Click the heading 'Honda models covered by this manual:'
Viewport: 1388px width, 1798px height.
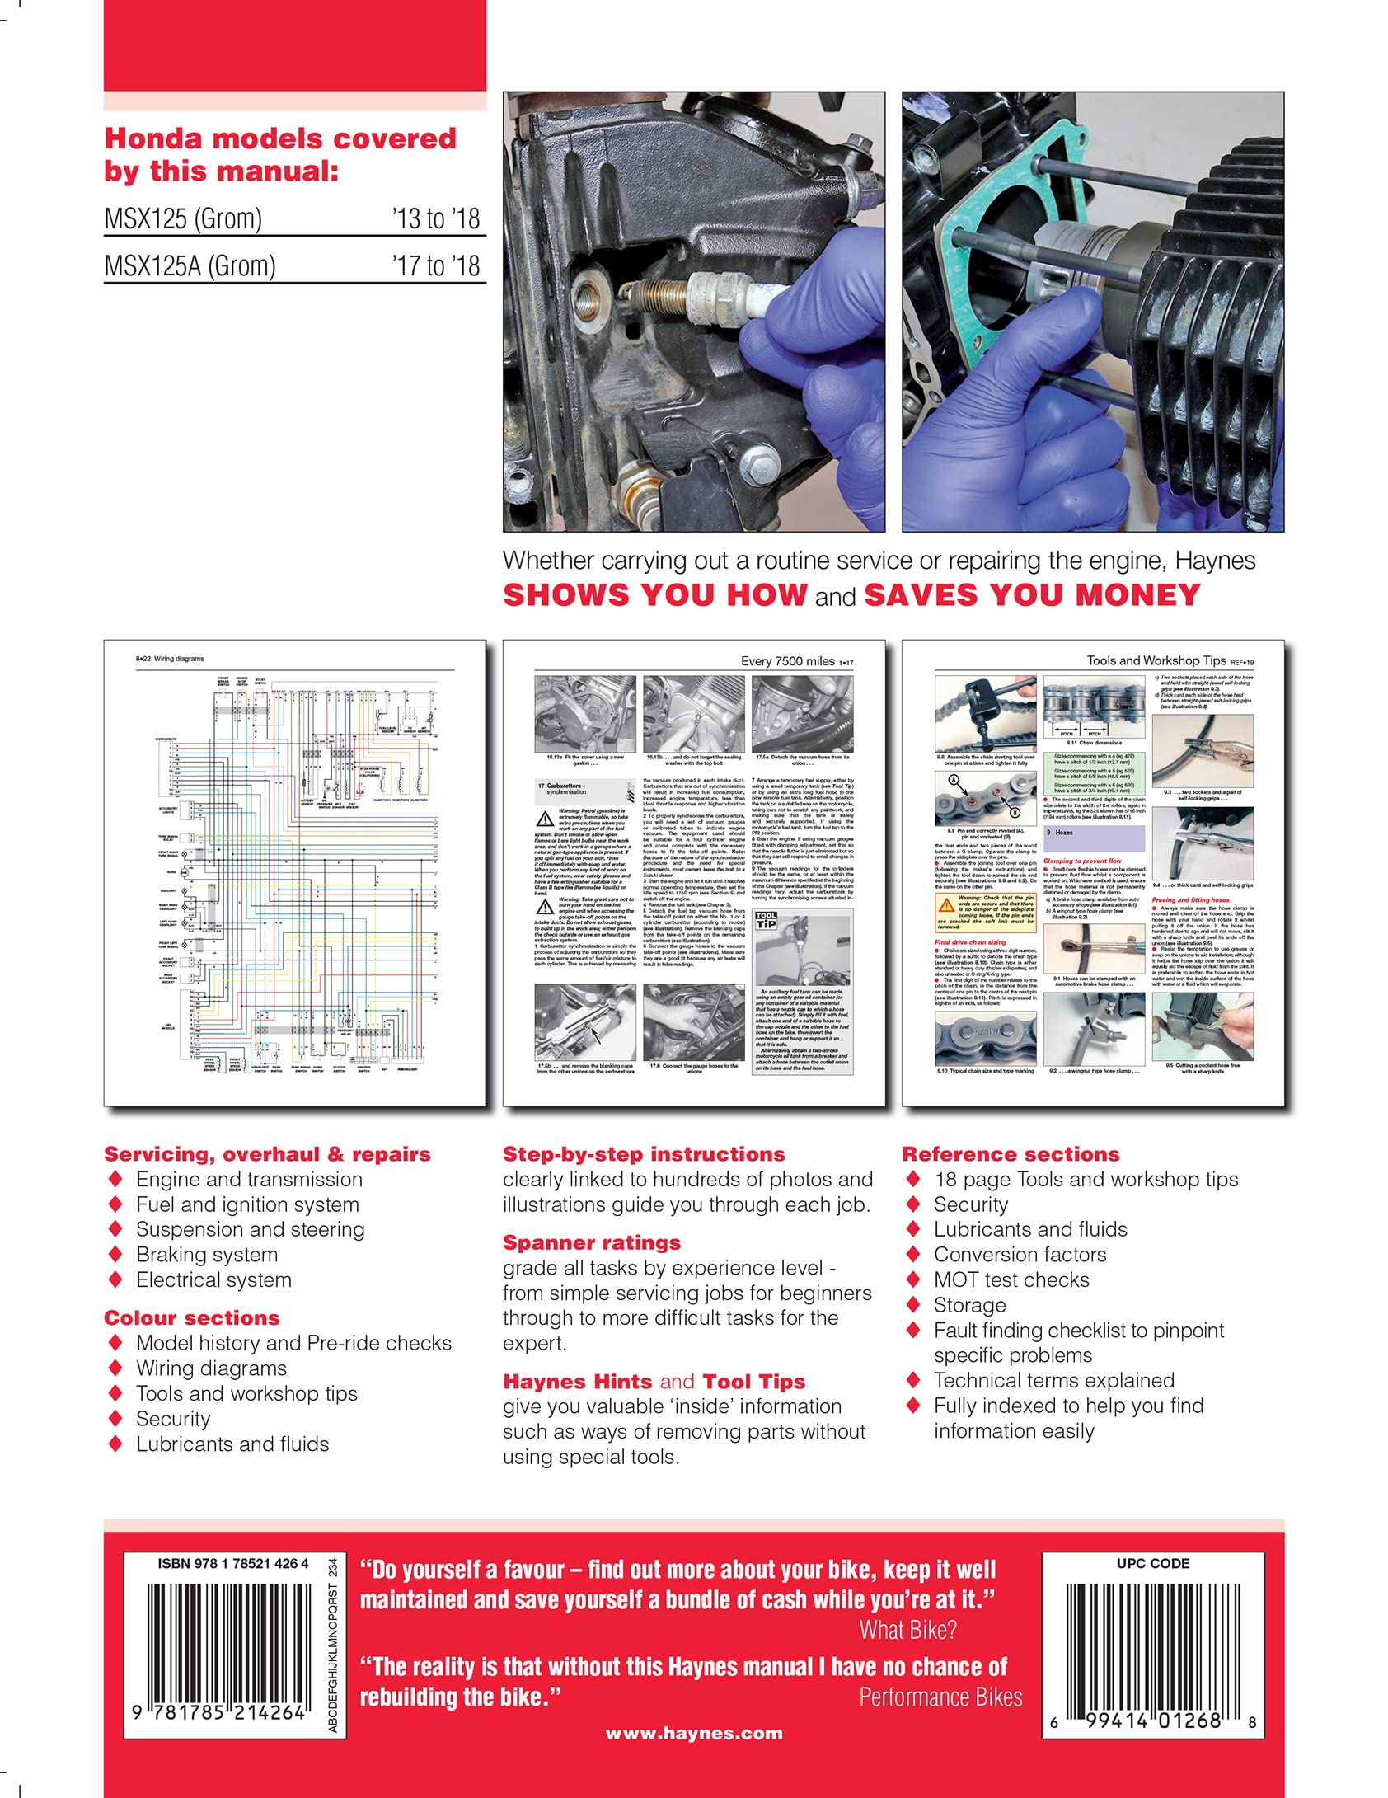point(279,154)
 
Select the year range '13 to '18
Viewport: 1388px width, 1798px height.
point(435,218)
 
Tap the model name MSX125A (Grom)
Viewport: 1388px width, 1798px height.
point(190,266)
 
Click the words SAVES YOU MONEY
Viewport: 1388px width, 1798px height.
point(1032,595)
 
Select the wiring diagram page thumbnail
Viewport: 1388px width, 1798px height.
point(294,872)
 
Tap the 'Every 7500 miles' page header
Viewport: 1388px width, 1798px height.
point(787,661)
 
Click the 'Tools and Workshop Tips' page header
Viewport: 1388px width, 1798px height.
point(1156,660)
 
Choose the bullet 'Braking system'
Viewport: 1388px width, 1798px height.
point(206,1255)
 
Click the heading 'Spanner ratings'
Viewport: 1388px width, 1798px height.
point(591,1242)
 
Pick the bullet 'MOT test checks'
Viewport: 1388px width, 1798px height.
point(1011,1279)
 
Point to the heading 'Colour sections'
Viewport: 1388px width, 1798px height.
point(191,1317)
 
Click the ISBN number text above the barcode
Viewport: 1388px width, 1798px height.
point(232,1563)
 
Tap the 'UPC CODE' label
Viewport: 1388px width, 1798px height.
point(1152,1563)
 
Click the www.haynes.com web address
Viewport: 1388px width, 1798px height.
point(694,1733)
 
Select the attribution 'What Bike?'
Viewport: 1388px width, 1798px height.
point(907,1630)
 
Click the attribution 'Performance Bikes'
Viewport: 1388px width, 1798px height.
point(940,1697)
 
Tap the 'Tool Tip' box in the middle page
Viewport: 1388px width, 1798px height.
point(766,920)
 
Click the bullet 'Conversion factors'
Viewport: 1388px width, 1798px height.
point(1019,1255)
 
